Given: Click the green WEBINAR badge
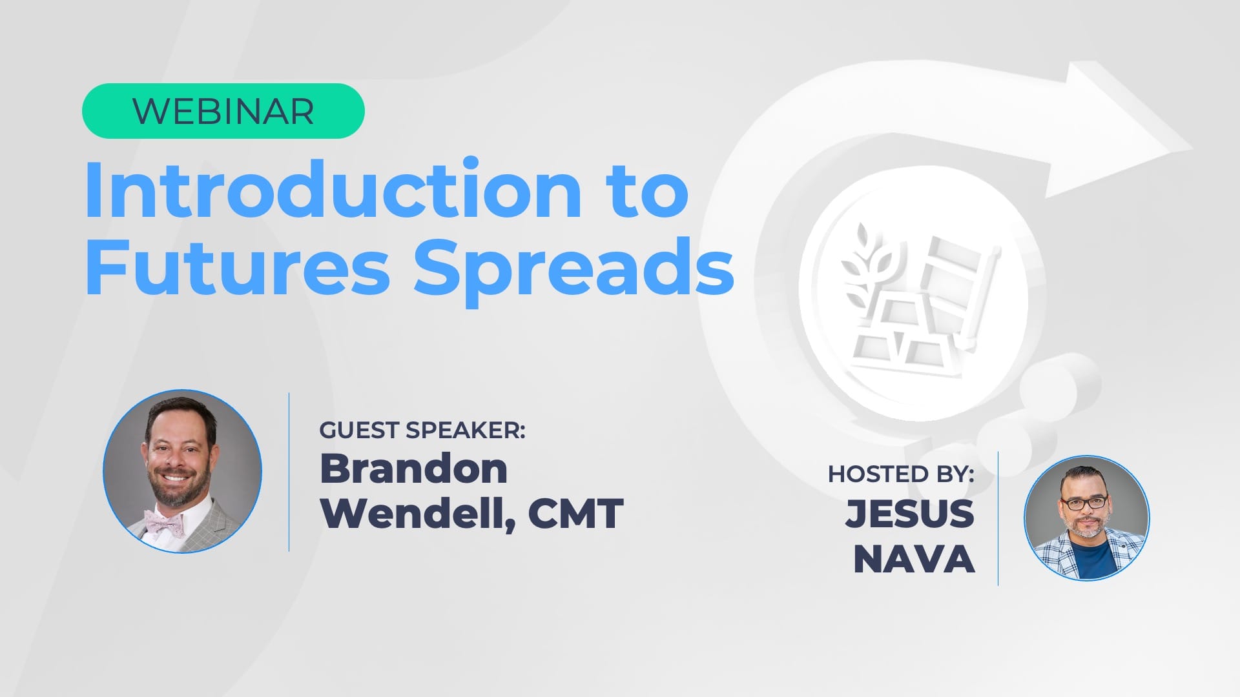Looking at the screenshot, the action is coord(223,111).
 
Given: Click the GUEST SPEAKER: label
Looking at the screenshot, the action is coord(422,430).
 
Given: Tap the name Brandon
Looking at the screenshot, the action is coord(413,468).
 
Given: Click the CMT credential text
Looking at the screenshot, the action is coord(575,514).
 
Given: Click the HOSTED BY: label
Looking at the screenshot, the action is coord(901,474).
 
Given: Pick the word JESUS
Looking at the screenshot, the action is coord(909,514).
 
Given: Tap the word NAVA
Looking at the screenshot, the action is coord(914,559).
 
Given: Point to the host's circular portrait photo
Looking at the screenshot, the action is coord(1086,518).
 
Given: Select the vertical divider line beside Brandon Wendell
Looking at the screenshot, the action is coord(289,472).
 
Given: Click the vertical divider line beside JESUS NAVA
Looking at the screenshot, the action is coord(998,519).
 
